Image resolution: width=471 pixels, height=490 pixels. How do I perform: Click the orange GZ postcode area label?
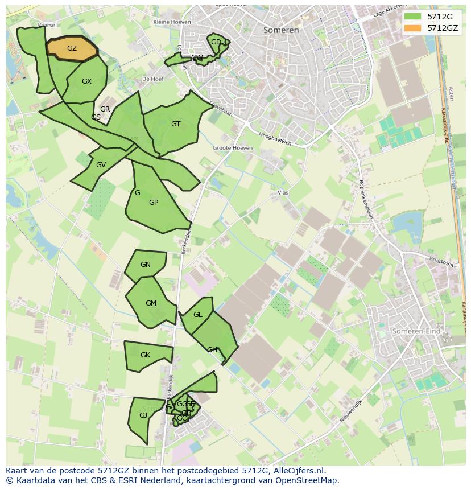point(72,48)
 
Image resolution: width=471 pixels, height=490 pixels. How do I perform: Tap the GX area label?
point(86,81)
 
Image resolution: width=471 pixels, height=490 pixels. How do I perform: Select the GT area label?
point(176,124)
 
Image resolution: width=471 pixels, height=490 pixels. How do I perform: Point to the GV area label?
point(101,165)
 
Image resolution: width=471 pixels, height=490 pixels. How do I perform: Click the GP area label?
point(154,203)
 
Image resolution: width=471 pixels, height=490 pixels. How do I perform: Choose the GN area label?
point(146,265)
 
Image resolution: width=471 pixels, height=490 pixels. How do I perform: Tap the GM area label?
point(151,303)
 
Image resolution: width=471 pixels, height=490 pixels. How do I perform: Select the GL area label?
point(198,315)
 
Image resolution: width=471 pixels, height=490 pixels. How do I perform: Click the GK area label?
point(145,355)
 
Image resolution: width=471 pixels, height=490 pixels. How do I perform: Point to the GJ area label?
point(143,415)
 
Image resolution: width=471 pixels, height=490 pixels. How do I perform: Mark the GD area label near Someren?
point(216,42)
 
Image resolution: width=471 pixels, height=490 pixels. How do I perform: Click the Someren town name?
point(281,30)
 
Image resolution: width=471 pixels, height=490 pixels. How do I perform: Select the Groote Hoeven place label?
point(233,148)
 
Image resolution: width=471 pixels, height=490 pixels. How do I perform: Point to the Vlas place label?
point(283,193)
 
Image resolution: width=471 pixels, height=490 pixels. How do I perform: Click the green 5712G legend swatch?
point(412,17)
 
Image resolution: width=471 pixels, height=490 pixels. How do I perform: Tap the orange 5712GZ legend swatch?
point(412,28)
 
